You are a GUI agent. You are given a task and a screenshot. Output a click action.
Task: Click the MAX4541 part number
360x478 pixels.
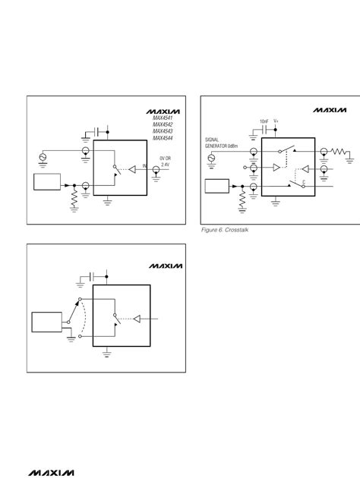pos(162,118)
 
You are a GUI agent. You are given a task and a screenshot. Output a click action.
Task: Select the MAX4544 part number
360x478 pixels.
pos(162,138)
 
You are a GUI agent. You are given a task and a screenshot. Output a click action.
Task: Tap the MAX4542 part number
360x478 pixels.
pos(162,124)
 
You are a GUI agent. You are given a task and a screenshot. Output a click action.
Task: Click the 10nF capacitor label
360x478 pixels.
pos(264,121)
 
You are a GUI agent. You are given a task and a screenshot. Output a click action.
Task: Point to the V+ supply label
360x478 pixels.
pos(276,121)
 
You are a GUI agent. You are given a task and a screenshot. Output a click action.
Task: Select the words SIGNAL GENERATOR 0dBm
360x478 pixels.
pos(223,143)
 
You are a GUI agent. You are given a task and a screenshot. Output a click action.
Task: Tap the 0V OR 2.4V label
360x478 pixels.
pos(165,161)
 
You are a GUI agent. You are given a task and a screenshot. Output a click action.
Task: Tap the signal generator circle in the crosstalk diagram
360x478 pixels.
pos(212,159)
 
